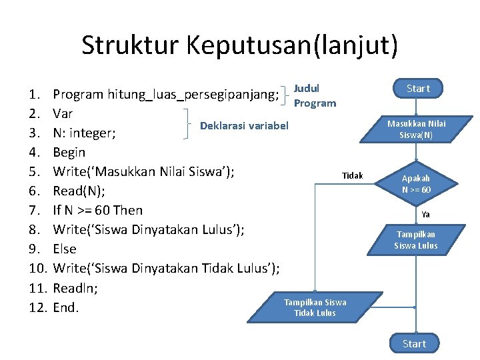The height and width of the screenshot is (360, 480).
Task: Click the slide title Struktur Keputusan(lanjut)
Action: tap(240, 46)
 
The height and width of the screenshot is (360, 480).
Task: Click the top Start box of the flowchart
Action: tap(418, 89)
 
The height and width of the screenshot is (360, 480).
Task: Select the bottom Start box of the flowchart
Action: tap(414, 343)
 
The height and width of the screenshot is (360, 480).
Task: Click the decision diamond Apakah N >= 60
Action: tap(416, 184)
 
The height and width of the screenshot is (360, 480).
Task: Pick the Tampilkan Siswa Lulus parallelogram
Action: tap(416, 240)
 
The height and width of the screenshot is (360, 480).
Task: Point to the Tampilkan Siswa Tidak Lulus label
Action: tap(315, 307)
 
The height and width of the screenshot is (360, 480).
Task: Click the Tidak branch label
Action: tap(352, 175)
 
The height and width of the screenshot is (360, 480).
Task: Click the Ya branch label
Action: tap(425, 215)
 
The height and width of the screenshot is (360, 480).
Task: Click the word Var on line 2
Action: tap(63, 113)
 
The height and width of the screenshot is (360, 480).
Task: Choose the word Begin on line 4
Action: tap(69, 152)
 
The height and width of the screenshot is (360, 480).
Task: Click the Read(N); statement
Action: tap(79, 191)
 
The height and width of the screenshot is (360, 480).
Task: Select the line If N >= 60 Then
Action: tap(97, 210)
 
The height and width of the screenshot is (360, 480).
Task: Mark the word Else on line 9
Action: tap(65, 249)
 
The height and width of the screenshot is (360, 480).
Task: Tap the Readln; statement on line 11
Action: tap(75, 288)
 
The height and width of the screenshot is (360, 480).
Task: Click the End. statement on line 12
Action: tap(66, 307)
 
